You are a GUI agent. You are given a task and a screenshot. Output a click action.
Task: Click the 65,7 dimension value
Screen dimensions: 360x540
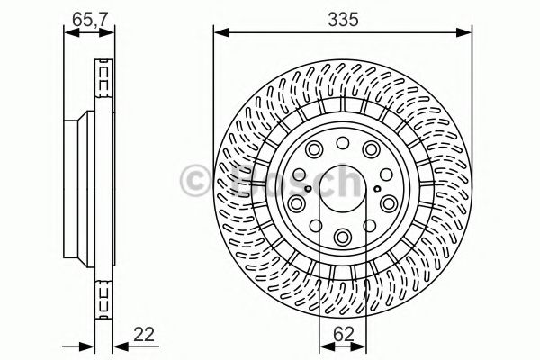click(80, 15)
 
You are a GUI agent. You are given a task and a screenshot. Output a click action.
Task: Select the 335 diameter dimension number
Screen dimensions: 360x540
click(343, 15)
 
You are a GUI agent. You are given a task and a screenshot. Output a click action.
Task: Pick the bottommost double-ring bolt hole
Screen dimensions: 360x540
click(343, 237)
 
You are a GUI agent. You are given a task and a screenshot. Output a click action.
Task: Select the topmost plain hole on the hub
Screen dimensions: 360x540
click(343, 144)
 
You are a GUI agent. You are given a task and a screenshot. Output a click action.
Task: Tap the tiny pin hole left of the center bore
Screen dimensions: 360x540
click(308, 187)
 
